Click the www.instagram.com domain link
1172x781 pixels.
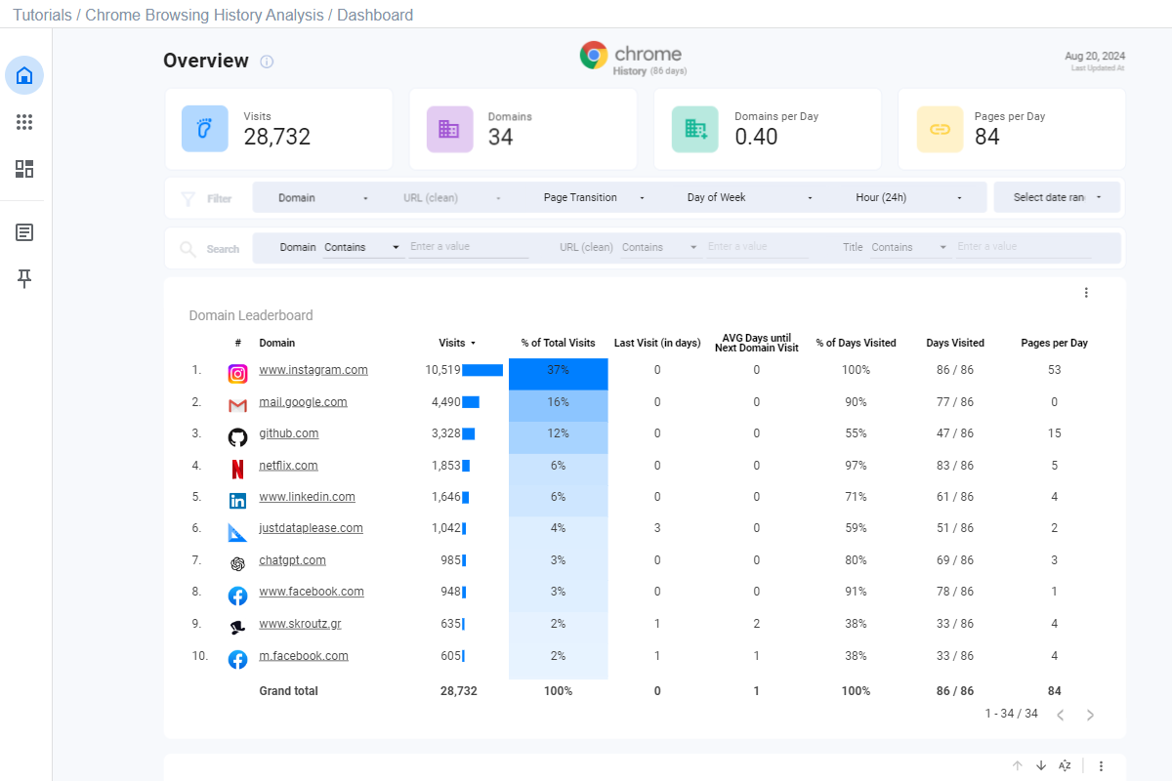coord(313,370)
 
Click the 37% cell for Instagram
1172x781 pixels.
coord(558,371)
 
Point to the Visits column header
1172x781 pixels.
coord(452,343)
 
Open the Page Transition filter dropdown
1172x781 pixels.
coord(594,197)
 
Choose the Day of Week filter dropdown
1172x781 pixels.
coord(749,197)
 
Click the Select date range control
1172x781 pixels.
coord(1058,197)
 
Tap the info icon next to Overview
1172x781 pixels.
coord(267,62)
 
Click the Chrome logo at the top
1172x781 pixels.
coord(594,55)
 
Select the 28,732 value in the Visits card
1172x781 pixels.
coord(277,137)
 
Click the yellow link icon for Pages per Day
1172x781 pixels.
coord(940,129)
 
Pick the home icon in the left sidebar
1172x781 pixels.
coord(24,75)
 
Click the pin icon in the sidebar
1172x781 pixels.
coord(24,279)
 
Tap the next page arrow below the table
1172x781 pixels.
coord(1090,715)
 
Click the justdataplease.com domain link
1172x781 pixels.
coord(311,528)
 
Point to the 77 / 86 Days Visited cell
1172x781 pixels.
coord(954,402)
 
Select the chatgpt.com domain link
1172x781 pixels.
coord(292,560)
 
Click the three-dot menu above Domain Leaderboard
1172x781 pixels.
coord(1086,293)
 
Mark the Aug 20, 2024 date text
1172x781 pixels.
coord(1094,56)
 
